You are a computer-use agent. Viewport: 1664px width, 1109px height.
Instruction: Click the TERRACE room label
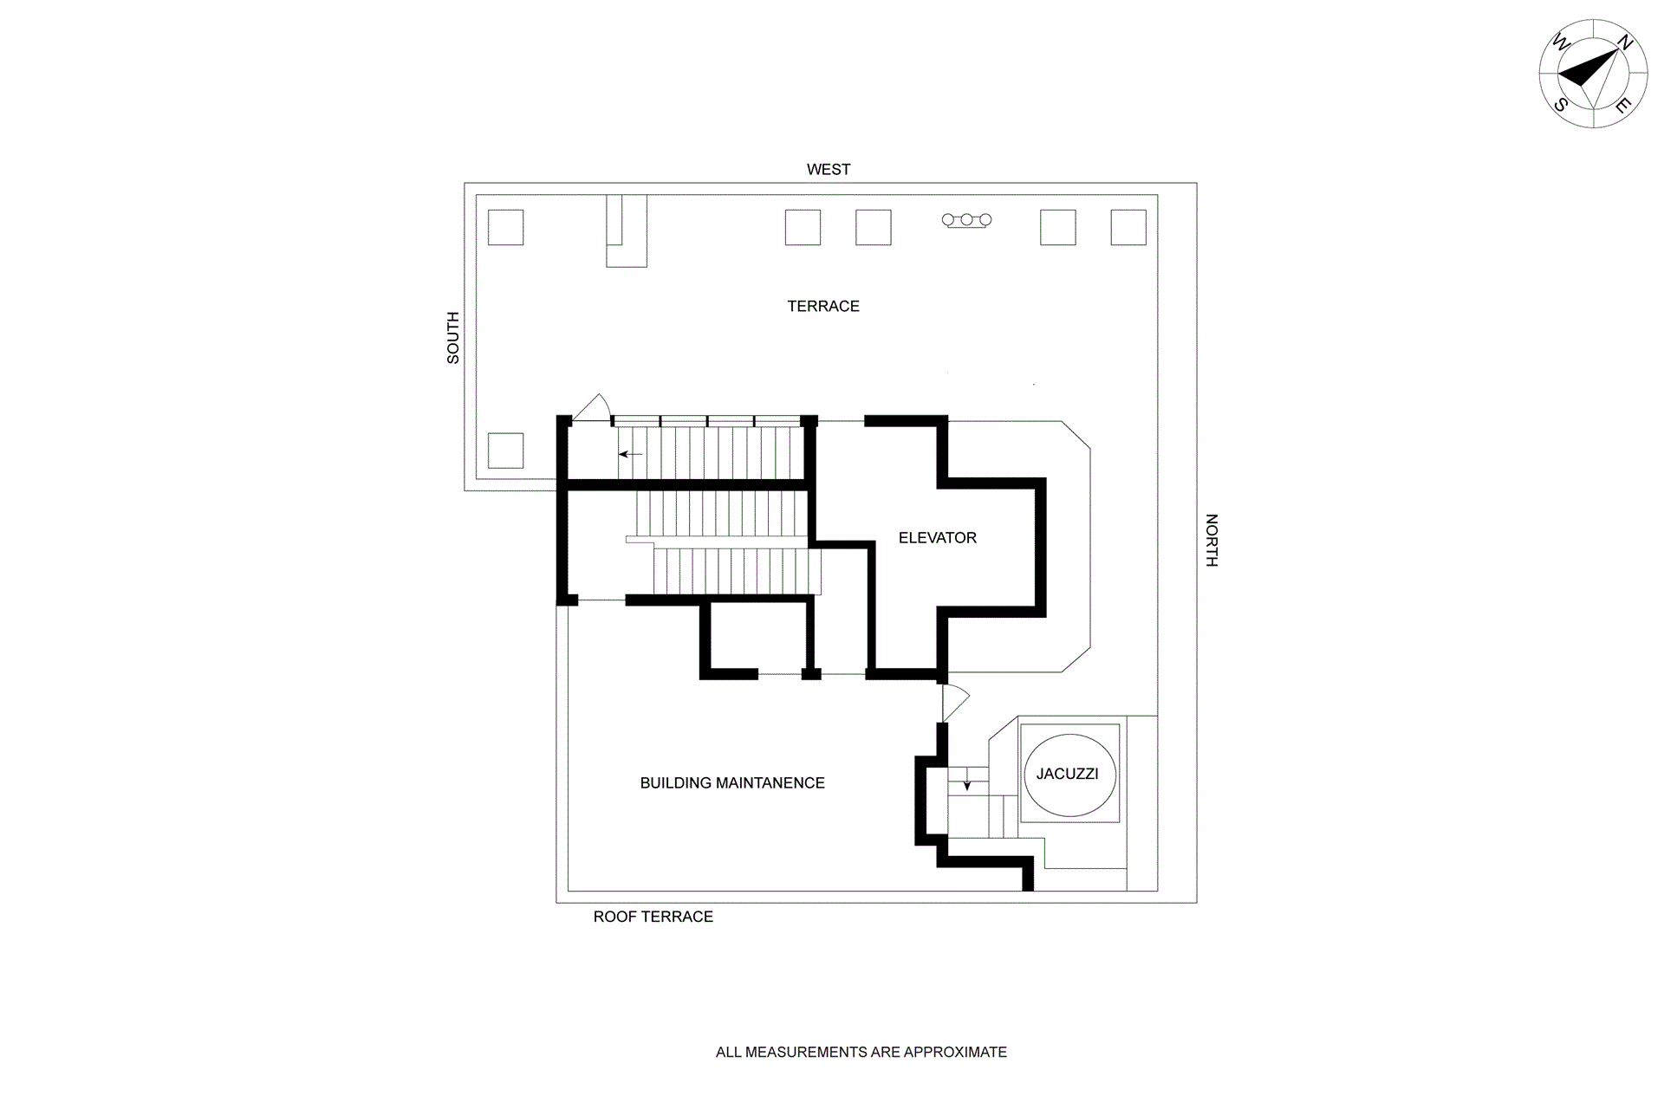pos(823,306)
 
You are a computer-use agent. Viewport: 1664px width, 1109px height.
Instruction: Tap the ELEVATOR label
pos(937,537)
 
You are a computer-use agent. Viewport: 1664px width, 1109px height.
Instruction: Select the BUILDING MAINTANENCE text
pos(732,782)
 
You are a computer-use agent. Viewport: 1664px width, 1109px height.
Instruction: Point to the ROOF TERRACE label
pos(653,917)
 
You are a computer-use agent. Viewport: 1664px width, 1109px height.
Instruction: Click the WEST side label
pos(829,169)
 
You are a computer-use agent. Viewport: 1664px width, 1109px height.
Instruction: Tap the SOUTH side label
pos(452,338)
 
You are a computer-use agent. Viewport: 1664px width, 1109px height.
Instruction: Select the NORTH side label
pos(1212,541)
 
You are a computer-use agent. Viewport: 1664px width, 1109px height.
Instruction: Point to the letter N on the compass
pos(1626,42)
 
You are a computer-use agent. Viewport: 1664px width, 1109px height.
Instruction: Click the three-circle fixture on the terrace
pos(966,221)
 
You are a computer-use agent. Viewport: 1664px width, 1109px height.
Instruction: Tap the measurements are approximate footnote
pos(861,1052)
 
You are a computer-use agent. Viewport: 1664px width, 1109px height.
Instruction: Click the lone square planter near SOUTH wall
pos(505,451)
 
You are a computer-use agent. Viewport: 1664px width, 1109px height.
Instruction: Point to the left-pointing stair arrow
pos(630,454)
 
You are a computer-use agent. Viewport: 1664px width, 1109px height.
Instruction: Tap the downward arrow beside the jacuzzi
pos(967,784)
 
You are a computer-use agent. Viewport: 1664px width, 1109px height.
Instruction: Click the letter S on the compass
pos(1561,106)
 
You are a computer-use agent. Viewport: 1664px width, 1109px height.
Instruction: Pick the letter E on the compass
pos(1623,107)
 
